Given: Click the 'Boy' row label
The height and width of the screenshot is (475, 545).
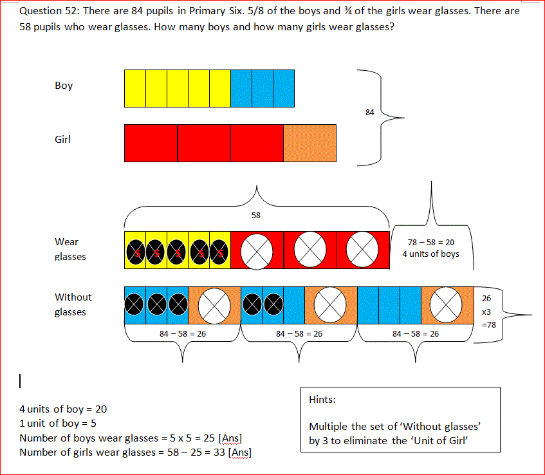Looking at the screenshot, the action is pos(64,86).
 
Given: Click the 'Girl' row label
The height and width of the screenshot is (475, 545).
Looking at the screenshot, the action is pos(62,139).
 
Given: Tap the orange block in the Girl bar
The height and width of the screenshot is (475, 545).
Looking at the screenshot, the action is pos(309,143).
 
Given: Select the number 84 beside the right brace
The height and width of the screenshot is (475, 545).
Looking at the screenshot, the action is pos(369,113).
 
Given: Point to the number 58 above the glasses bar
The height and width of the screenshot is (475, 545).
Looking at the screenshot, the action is pos(256,215).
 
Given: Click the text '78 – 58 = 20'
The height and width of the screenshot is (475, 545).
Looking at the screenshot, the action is pos(430,243).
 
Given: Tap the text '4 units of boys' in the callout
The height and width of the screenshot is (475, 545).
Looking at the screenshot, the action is pos(430,254).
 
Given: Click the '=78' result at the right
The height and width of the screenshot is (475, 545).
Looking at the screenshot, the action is pos(489,324).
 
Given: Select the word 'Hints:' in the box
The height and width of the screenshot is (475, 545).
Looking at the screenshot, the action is pos(322,400).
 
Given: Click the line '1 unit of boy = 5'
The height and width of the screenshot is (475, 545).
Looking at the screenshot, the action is pos(58,424).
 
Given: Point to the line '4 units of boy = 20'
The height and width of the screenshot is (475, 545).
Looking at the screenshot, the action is pos(63,409).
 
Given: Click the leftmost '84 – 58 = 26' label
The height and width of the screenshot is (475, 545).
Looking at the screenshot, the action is pos(182,333).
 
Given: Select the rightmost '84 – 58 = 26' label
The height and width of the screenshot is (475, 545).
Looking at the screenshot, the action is pos(415,333).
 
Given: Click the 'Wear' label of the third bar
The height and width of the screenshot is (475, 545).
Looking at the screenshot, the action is pos(66,242).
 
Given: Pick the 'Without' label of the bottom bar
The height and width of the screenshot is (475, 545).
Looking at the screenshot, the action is pos(73,297).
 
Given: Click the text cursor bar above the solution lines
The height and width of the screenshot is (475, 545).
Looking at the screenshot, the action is pos(21,382).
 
